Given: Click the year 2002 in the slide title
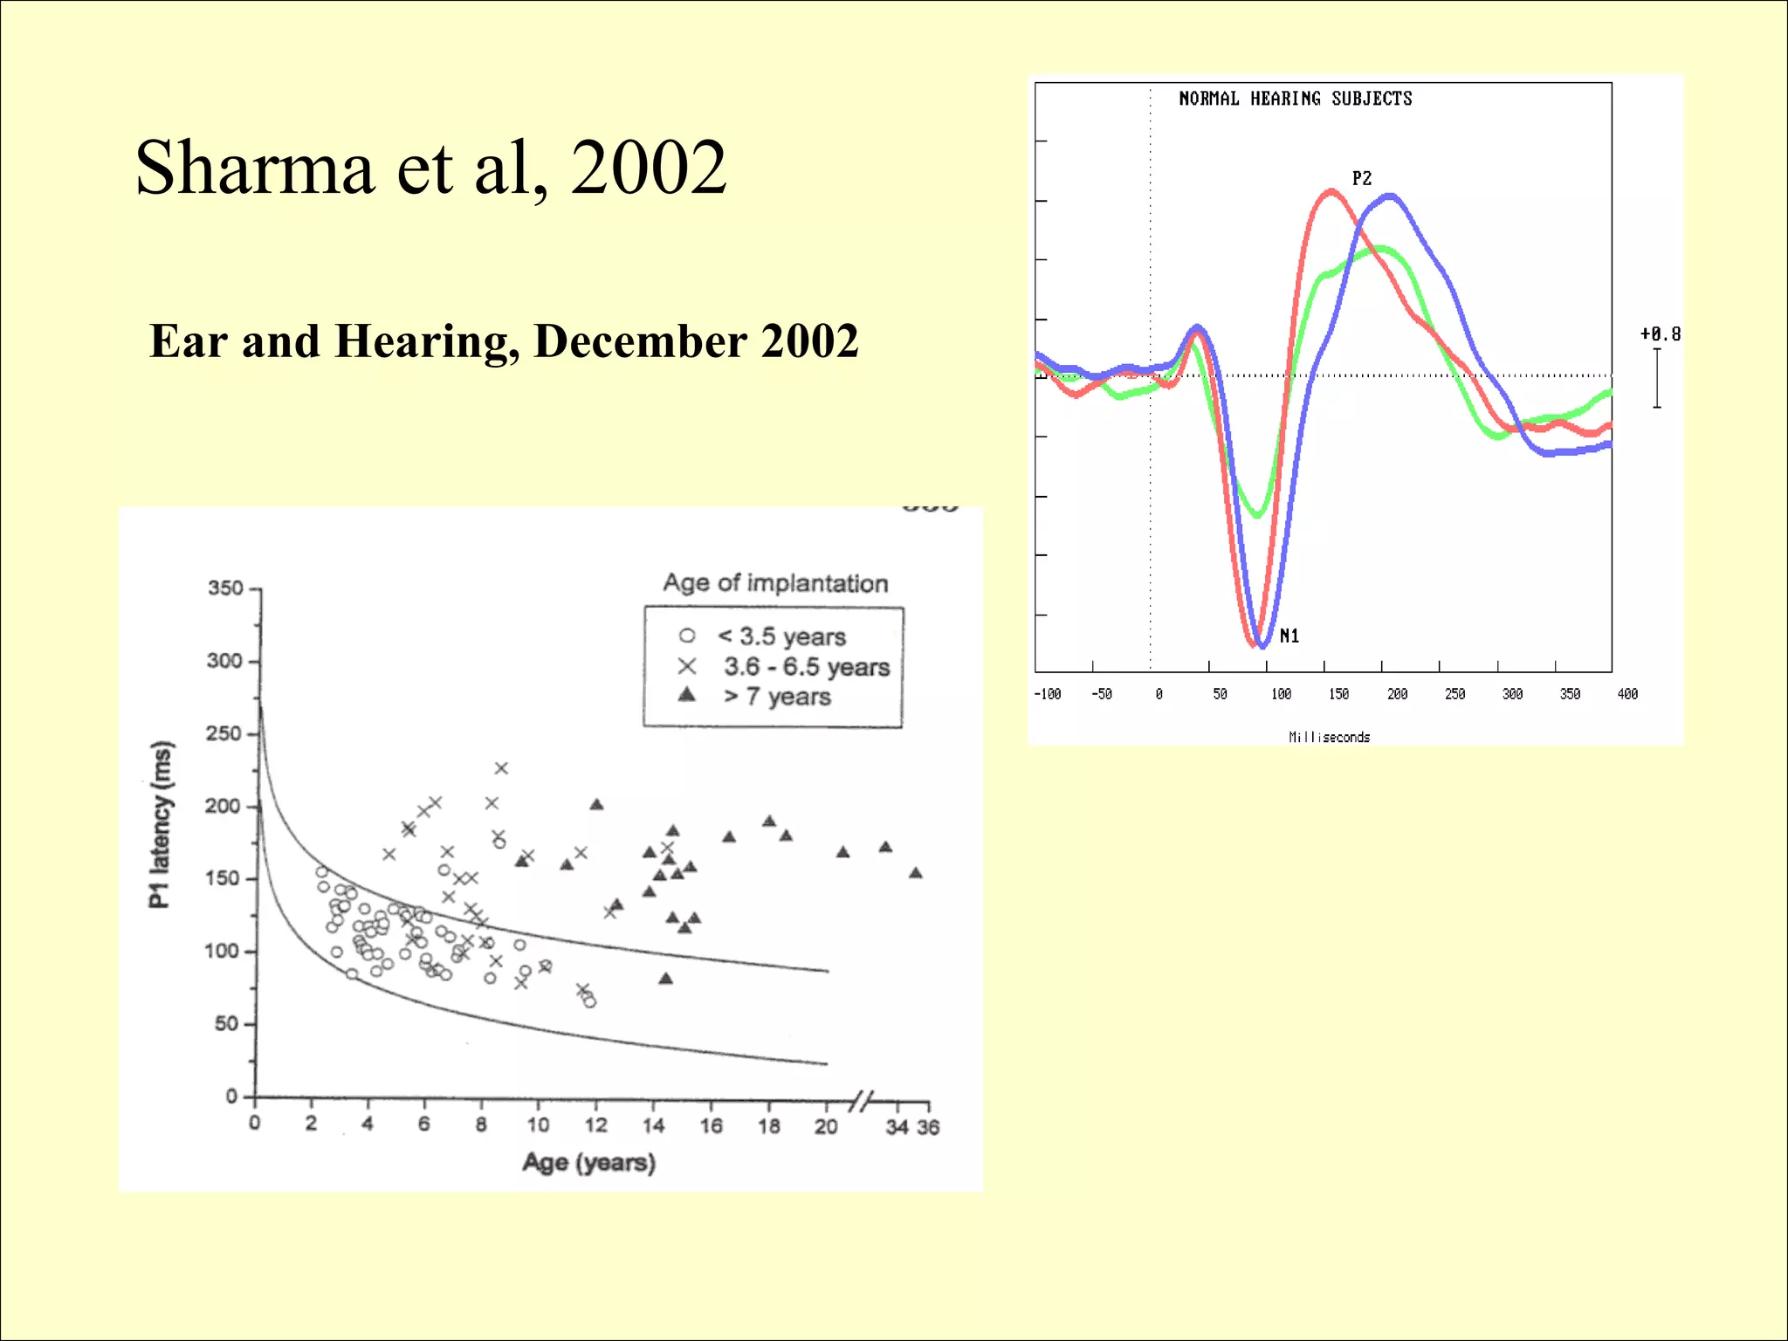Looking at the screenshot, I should coord(648,168).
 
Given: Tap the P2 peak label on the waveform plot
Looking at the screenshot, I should coord(1361,179).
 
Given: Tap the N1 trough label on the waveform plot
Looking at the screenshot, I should coord(1289,636).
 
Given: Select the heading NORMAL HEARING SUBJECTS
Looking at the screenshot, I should coord(1295,99).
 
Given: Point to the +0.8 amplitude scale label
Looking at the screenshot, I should coord(1660,334).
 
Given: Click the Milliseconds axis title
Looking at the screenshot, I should coord(1329,737).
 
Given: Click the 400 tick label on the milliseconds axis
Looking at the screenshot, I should coord(1627,694).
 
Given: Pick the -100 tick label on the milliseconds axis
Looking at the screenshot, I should coord(1047,694).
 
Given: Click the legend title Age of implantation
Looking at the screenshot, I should coord(775,583).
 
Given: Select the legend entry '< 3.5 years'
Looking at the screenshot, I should coord(781,636).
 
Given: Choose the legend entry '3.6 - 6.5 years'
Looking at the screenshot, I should coord(806,667).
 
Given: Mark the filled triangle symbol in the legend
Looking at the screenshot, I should coord(687,695).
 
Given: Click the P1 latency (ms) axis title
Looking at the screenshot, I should coord(161,824).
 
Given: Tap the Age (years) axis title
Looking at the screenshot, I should coord(588,1163).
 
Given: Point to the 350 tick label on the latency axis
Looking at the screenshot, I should coord(225,588).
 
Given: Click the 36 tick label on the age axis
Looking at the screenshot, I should coord(928,1127).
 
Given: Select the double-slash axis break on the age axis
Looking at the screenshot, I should coord(862,1101).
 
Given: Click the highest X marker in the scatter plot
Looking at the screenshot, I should coord(501,768).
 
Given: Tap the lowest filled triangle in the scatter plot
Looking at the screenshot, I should coord(666,979).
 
